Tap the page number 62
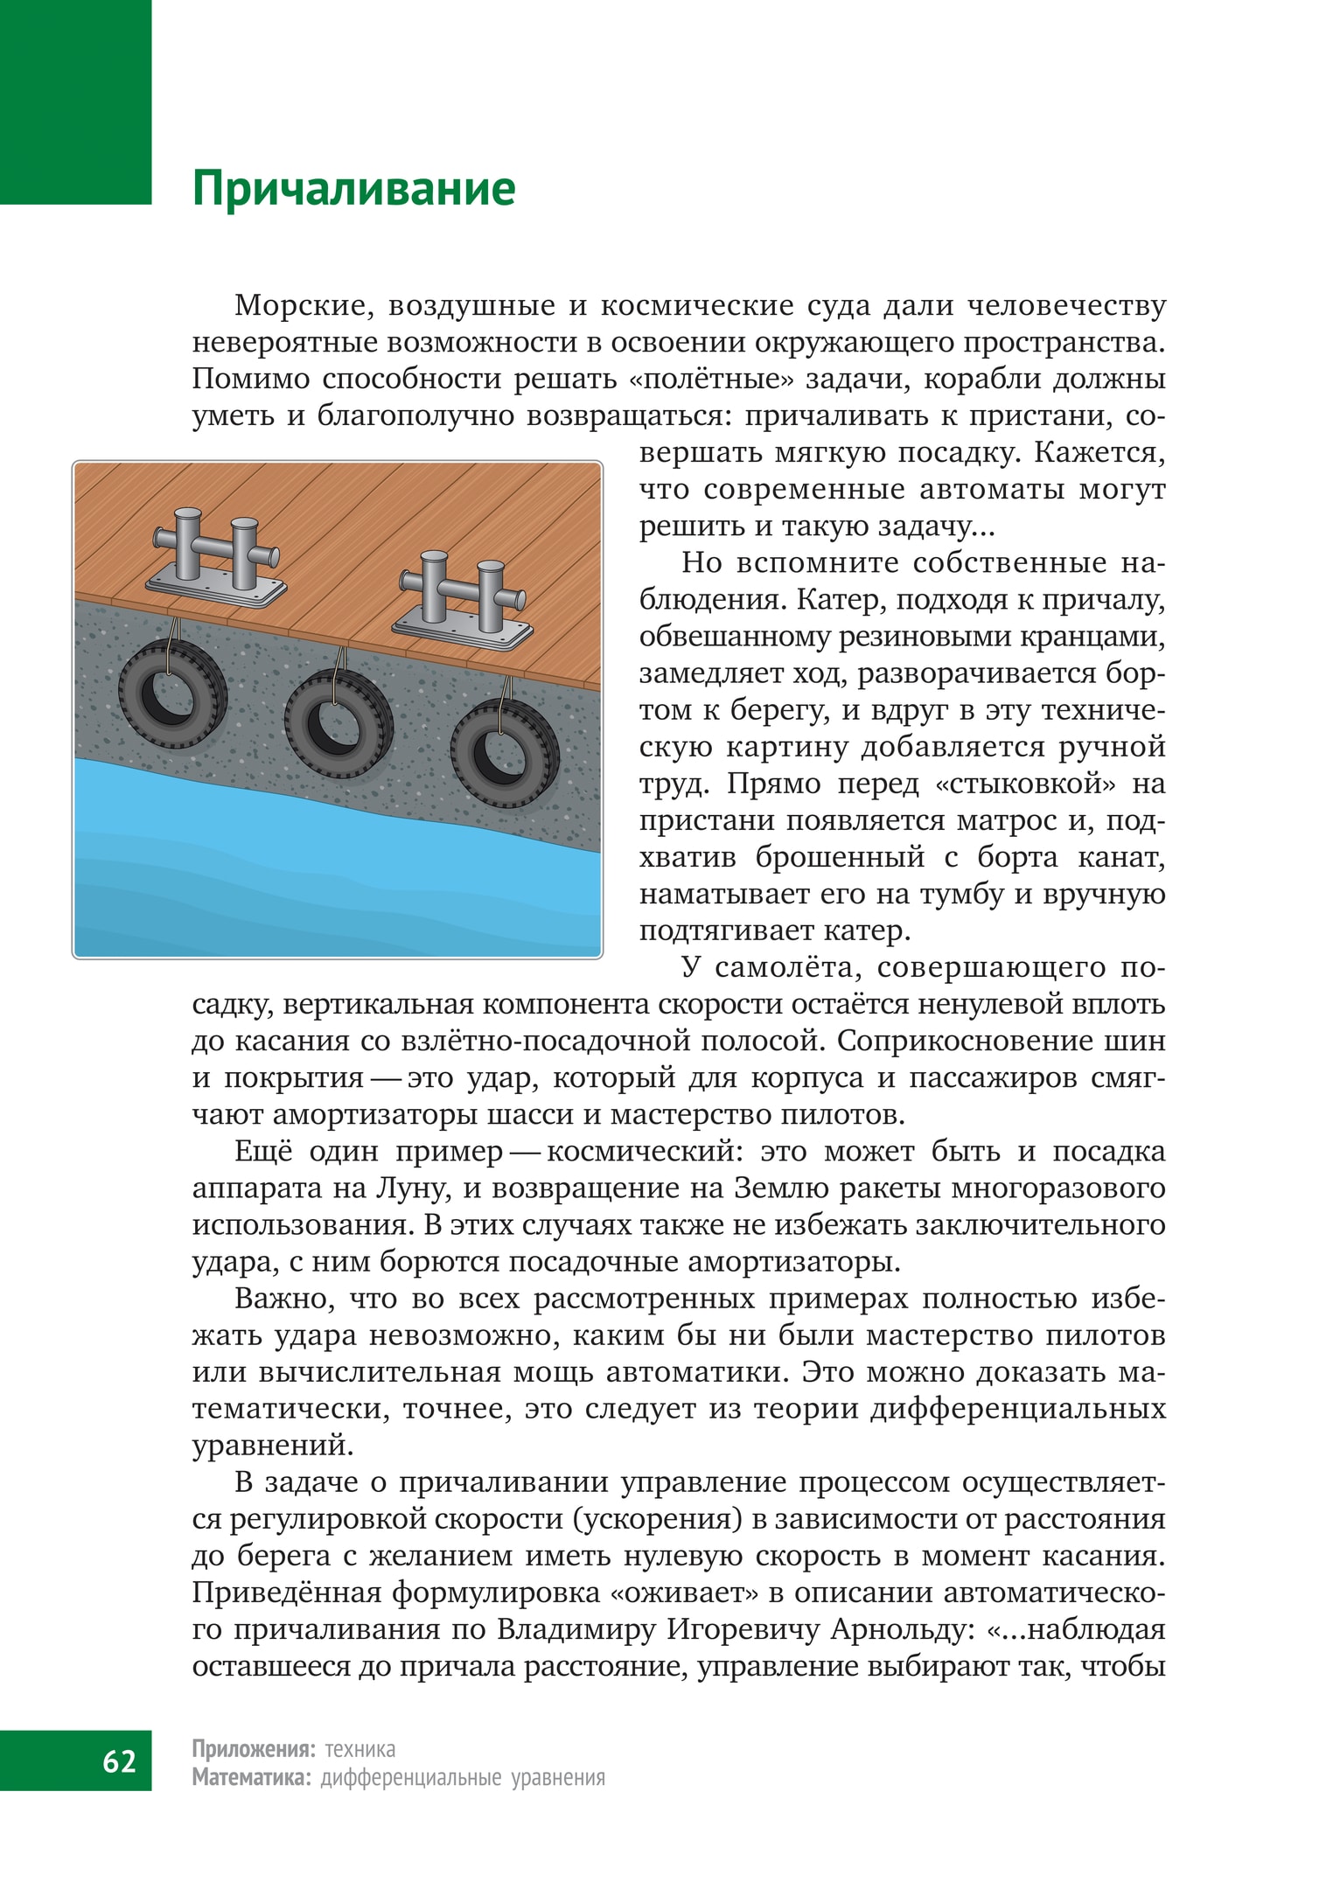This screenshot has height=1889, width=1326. pyautogui.click(x=119, y=1760)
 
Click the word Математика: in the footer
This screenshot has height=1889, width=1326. pyautogui.click(x=252, y=1778)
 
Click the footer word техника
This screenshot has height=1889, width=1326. pyautogui.click(x=359, y=1749)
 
